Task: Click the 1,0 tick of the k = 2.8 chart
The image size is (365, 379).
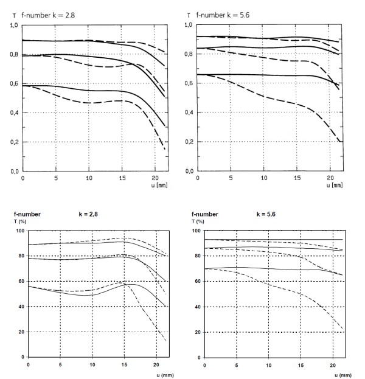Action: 13,26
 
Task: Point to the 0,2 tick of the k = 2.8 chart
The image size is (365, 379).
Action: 13,142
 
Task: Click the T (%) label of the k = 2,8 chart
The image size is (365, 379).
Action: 19,221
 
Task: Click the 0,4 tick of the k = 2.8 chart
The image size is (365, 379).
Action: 13,113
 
